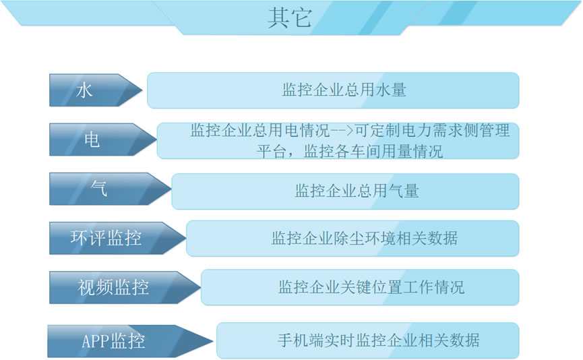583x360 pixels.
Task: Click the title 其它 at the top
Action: [x=290, y=18]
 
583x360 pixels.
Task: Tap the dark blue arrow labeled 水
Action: [x=96, y=90]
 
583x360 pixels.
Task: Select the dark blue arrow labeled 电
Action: [x=103, y=140]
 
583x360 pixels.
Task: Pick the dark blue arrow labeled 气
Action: [x=111, y=189]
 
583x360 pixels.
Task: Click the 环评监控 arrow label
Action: [x=106, y=238]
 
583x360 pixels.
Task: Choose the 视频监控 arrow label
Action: [x=113, y=287]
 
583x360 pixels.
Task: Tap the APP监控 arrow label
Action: [x=113, y=341]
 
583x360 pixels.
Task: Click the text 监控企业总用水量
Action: [x=344, y=90]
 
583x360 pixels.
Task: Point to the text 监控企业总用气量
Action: [x=357, y=191]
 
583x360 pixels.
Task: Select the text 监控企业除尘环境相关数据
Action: [x=365, y=238]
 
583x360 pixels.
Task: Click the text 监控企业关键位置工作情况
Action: [x=371, y=287]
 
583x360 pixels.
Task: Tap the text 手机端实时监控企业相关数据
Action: [x=379, y=340]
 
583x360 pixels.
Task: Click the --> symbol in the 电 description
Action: [x=342, y=131]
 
